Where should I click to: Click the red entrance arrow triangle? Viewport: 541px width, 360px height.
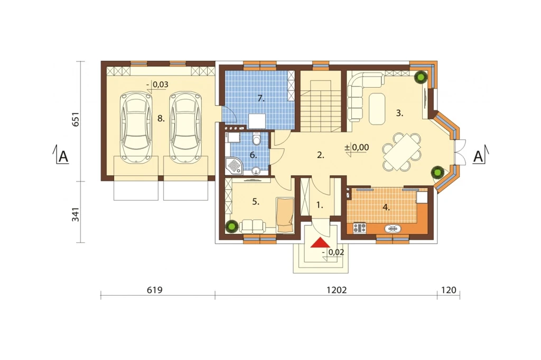[x=320, y=242]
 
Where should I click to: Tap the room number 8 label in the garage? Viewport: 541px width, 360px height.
[x=161, y=119]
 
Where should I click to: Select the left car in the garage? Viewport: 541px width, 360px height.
[x=136, y=127]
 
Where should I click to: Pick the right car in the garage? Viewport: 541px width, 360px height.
[x=185, y=127]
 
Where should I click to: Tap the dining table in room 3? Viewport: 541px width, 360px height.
[x=402, y=152]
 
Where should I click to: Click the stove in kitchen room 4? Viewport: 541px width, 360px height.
[x=359, y=228]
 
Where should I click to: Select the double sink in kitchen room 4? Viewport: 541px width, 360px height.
[x=393, y=228]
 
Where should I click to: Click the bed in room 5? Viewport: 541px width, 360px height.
[x=285, y=214]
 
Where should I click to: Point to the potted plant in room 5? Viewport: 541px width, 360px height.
[x=232, y=227]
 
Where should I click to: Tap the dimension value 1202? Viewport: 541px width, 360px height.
[x=337, y=290]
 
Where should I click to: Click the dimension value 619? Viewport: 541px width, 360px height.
[x=155, y=290]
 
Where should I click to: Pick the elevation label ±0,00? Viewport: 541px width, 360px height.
[x=357, y=148]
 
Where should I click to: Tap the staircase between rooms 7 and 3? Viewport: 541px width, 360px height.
[x=321, y=106]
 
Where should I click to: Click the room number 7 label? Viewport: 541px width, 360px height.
[x=261, y=99]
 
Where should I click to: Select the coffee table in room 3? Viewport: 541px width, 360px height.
[x=377, y=109]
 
